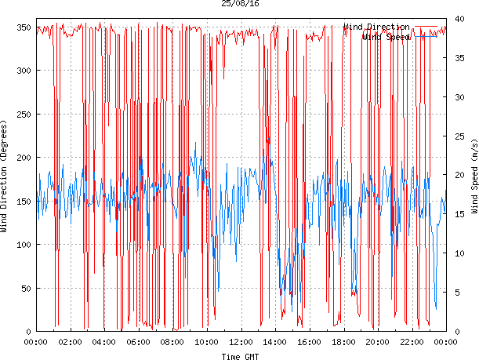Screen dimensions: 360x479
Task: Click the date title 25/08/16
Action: [x=240, y=4]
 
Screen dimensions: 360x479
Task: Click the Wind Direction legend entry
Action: [x=376, y=27]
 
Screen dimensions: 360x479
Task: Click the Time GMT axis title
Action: [x=240, y=356]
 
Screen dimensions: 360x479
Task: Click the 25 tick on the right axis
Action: [x=460, y=136]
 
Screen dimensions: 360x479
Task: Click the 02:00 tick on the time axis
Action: [x=71, y=342]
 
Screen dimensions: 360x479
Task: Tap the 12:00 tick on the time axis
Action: [x=241, y=342]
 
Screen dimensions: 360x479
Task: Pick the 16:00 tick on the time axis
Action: [x=310, y=342]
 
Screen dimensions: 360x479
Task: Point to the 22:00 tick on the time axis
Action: [x=412, y=342]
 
